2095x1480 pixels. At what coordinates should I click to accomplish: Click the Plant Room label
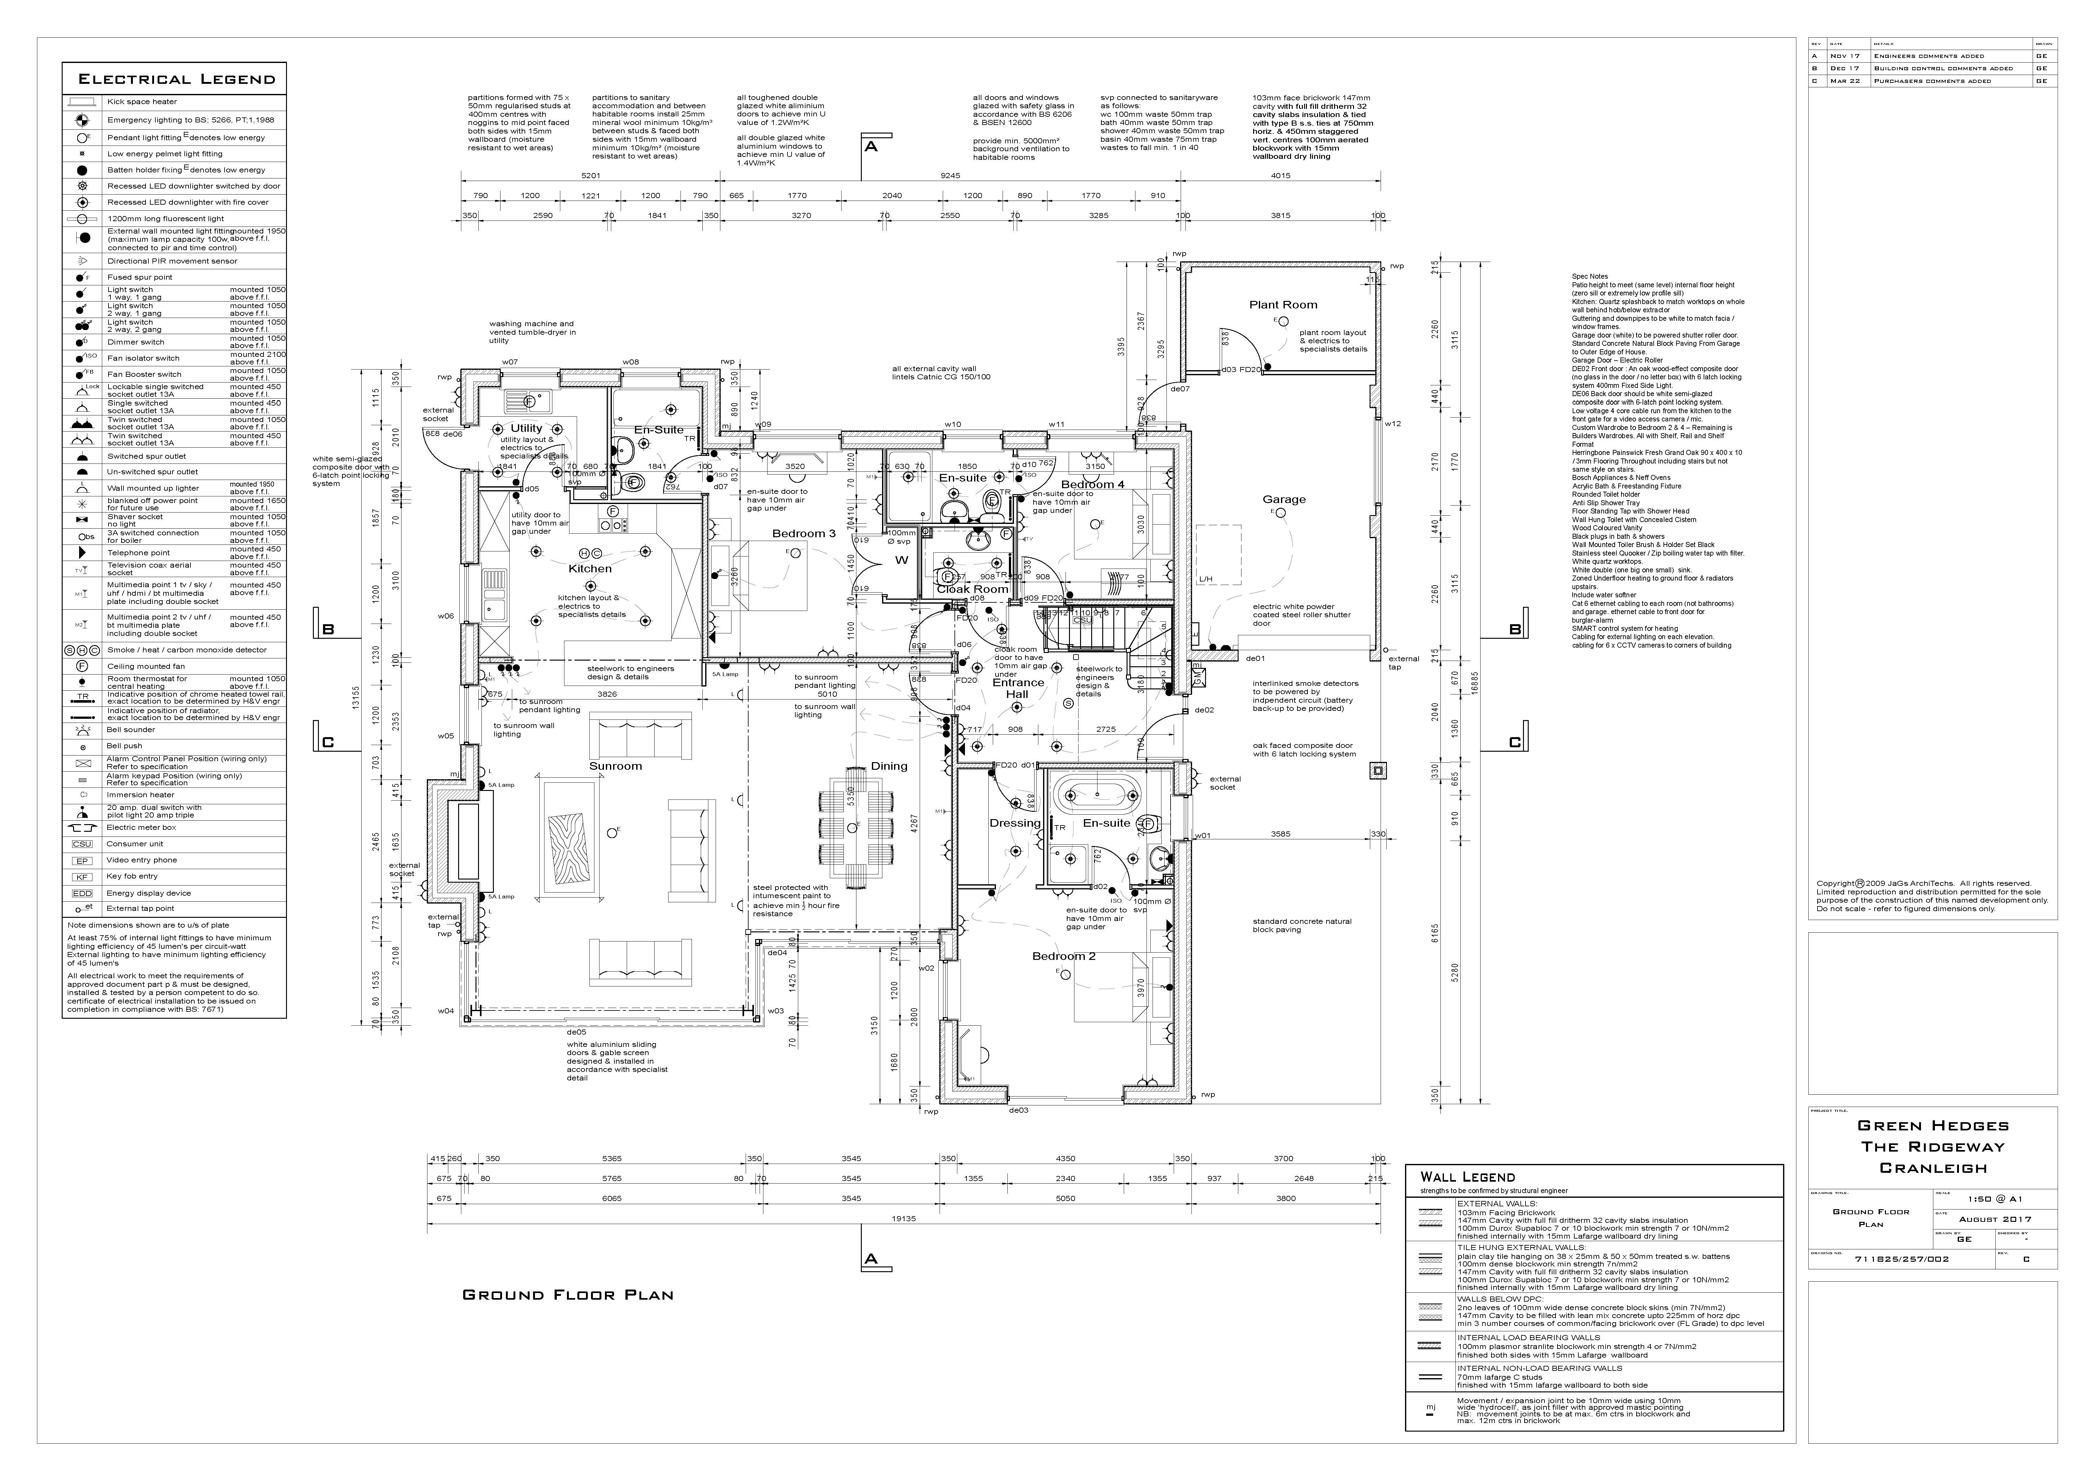coord(1283,305)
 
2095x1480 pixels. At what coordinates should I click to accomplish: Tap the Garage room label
coord(1284,499)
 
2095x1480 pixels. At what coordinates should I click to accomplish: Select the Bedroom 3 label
coord(803,534)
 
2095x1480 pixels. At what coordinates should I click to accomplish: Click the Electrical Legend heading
coord(176,79)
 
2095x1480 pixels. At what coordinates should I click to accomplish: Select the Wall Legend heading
coord(1467,1177)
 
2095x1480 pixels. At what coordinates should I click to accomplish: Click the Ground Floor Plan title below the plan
coord(568,1295)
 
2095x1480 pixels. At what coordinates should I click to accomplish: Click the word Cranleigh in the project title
coord(1933,1168)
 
